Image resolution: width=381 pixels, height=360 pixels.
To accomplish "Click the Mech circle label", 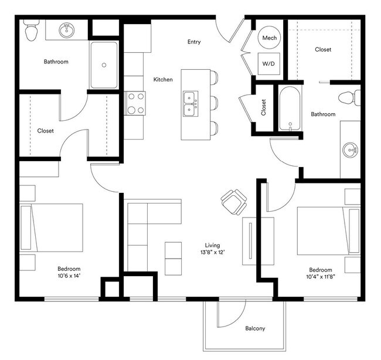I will (x=270, y=38).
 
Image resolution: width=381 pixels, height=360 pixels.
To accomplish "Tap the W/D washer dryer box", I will (x=270, y=63).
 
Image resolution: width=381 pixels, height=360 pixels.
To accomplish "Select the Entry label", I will (x=194, y=42).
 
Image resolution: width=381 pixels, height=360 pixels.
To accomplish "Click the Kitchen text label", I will (x=163, y=79).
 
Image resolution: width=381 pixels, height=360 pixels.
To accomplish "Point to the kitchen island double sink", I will (x=190, y=104).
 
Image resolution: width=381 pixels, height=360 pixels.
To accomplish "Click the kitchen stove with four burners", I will (x=135, y=104).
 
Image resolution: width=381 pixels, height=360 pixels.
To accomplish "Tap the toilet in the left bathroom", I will (x=31, y=30).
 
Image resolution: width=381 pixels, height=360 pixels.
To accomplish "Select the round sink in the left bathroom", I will (x=67, y=30).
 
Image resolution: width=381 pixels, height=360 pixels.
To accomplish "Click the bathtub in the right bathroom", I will (x=290, y=109).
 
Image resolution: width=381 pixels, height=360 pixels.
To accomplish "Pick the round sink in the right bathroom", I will (x=351, y=150).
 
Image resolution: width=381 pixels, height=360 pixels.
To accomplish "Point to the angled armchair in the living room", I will (x=234, y=202).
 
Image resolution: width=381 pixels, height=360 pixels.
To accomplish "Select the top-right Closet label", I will (x=323, y=50).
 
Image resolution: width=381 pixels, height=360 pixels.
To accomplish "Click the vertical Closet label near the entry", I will (x=264, y=107).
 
